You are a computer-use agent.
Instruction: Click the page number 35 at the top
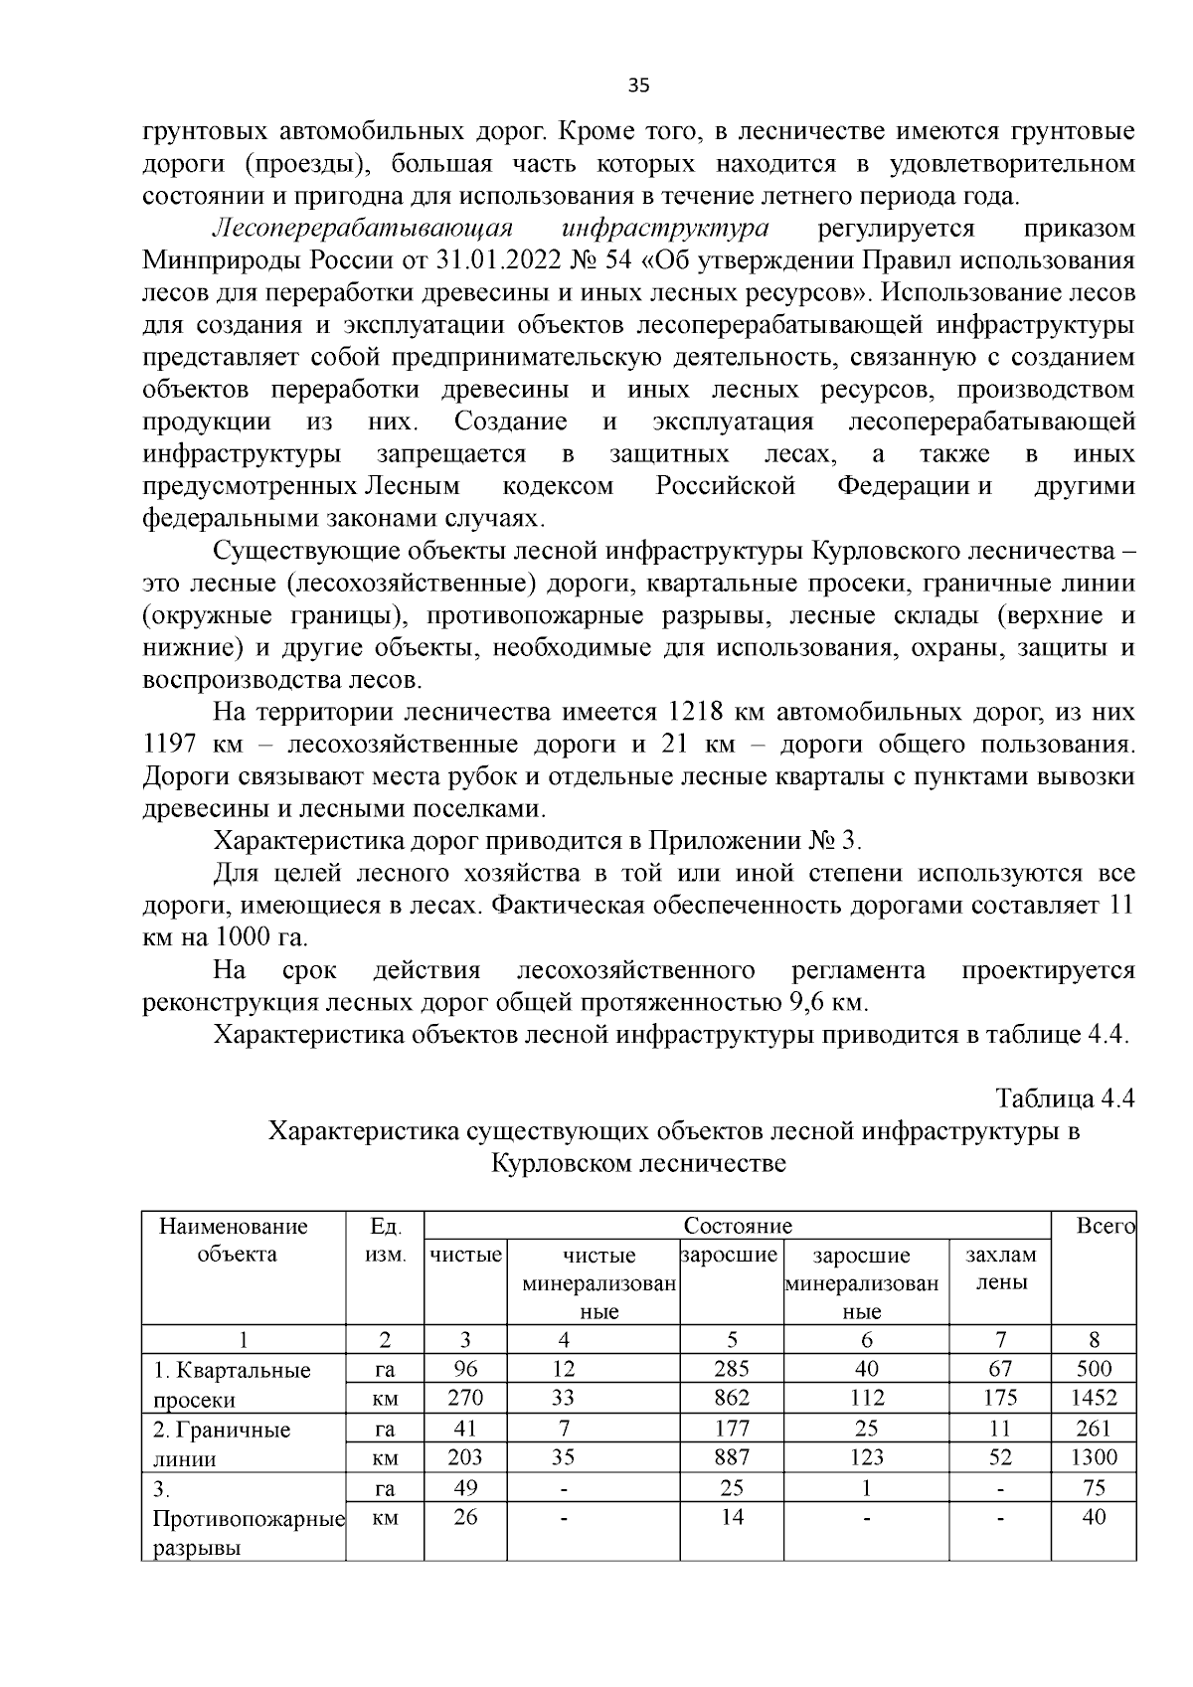click(638, 85)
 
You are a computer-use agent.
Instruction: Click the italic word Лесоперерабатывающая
click(362, 229)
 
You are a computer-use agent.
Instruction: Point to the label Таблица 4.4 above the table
click(1065, 1099)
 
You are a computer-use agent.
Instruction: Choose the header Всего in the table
click(1105, 1227)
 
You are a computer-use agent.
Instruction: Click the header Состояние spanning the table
click(738, 1226)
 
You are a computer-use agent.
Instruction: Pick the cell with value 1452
click(1094, 1399)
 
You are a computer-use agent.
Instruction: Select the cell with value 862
click(732, 1399)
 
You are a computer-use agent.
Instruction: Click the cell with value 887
click(732, 1458)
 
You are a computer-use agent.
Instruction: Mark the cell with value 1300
click(1094, 1458)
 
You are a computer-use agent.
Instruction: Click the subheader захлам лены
click(1000, 1268)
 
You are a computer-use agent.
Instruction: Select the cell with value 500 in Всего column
click(1094, 1369)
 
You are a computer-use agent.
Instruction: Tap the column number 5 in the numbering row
click(732, 1339)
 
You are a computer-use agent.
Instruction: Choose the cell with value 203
click(465, 1458)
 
